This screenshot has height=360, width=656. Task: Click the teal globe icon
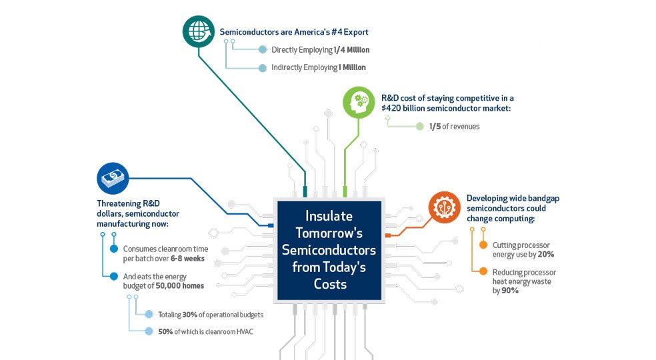point(199,31)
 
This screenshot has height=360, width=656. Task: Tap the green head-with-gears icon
point(359,103)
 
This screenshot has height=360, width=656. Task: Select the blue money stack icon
point(113,179)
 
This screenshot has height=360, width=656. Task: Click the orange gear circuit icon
point(444,207)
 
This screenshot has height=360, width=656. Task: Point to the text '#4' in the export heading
point(337,32)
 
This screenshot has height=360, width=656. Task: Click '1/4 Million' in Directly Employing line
point(351,50)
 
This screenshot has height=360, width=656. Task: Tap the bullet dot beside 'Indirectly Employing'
point(262,68)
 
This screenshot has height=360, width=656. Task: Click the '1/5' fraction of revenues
point(435,127)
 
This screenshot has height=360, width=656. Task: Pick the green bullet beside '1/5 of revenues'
point(419,127)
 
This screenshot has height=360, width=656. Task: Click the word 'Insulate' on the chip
point(329,216)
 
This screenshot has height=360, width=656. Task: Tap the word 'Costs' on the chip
point(330,284)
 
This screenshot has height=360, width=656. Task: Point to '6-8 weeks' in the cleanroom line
point(187,259)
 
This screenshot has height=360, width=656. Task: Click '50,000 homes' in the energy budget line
point(180,286)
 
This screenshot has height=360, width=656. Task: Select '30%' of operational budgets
point(189,315)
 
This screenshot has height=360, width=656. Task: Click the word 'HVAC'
point(245,331)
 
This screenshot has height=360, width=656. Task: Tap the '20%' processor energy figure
point(546,255)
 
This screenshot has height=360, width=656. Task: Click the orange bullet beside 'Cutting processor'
point(483,245)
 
